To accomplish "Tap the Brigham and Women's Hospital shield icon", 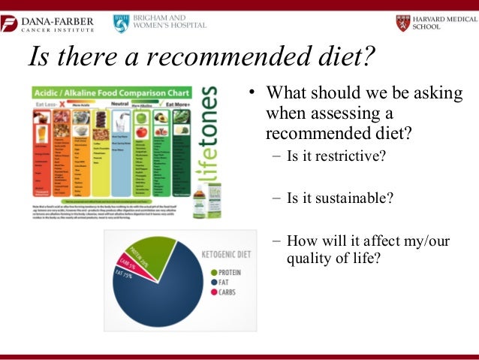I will click(x=121, y=23).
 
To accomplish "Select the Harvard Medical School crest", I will click(x=403, y=23).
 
